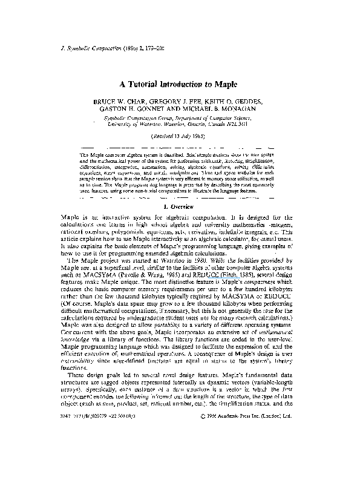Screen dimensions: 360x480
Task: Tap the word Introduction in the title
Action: [x=194, y=87]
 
